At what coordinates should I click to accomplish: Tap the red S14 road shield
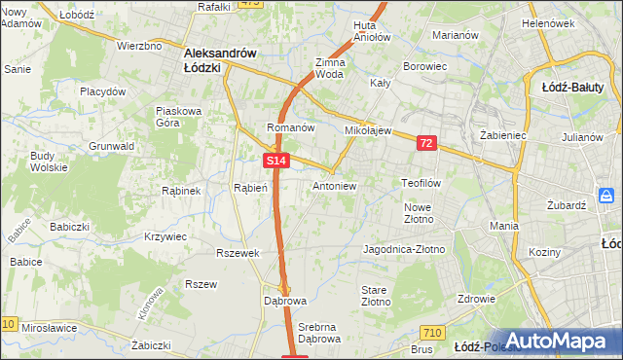pos(276,161)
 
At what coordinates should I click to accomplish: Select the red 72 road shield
pos(426,143)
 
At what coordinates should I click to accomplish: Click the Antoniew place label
pos(335,185)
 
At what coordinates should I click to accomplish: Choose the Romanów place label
pos(290,127)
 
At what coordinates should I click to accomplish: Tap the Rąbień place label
pos(250,188)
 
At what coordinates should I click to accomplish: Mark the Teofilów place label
pos(422,182)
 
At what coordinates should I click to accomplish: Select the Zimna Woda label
pos(330,68)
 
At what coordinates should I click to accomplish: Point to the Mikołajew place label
pos(368,129)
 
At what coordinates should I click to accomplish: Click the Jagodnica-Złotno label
pos(403,250)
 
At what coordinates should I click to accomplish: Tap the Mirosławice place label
pos(50,329)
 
